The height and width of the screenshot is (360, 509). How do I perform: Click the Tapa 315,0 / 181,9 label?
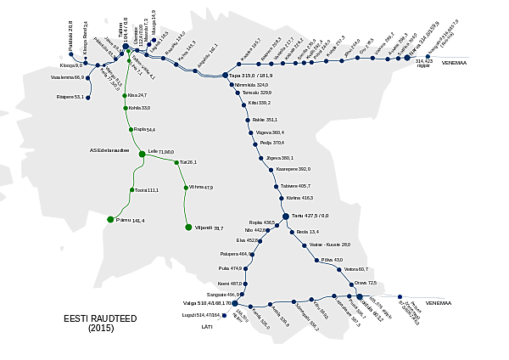point(252,76)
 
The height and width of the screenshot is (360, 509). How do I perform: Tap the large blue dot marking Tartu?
point(286,216)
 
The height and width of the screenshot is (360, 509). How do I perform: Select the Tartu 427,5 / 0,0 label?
point(310,216)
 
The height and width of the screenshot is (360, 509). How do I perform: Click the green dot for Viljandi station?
point(188,228)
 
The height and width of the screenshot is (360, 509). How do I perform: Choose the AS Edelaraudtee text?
point(114,151)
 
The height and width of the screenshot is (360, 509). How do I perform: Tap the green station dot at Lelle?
point(143,154)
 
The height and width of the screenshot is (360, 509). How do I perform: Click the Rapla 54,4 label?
point(144,130)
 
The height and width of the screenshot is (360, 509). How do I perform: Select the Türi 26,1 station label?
point(187,162)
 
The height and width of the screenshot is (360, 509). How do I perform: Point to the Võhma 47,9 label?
point(202,188)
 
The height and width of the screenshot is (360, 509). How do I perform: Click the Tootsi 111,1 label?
point(147,190)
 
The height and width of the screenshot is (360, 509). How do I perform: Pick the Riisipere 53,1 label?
point(70,97)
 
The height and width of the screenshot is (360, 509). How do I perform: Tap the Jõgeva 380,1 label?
point(280,158)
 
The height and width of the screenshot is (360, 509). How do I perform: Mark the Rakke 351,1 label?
point(266,120)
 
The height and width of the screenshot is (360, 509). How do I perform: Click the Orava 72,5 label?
point(366,283)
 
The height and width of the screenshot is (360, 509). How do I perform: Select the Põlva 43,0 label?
point(333,260)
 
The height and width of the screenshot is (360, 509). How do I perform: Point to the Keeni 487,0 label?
point(230,284)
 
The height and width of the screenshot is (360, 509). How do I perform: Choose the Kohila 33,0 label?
point(140,108)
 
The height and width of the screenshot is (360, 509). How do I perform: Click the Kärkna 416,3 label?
point(300,198)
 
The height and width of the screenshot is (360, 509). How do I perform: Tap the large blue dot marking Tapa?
point(225,76)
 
